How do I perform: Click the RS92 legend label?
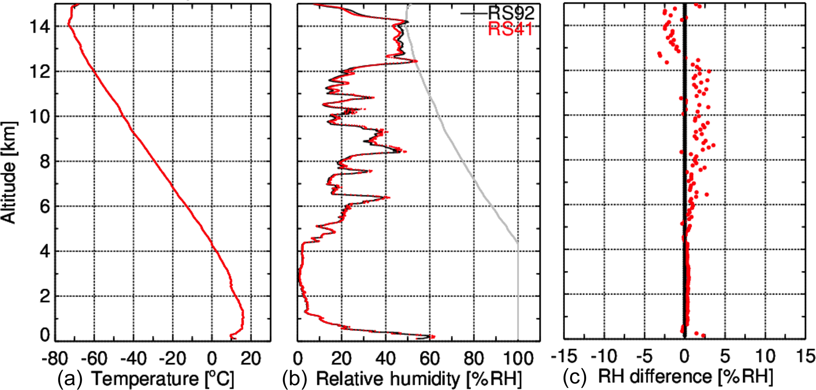(512, 13)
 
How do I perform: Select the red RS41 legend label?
(511, 29)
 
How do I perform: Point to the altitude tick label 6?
(45, 206)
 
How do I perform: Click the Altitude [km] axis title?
(9, 172)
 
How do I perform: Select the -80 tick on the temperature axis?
(54, 358)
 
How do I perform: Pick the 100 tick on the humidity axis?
(518, 358)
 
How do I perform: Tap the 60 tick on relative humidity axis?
(430, 358)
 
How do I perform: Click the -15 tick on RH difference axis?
(564, 357)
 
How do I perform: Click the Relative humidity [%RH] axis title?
(418, 379)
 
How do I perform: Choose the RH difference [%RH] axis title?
(685, 377)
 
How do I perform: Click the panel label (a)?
(70, 379)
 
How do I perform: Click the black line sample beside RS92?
(475, 13)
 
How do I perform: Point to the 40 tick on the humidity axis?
(385, 358)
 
